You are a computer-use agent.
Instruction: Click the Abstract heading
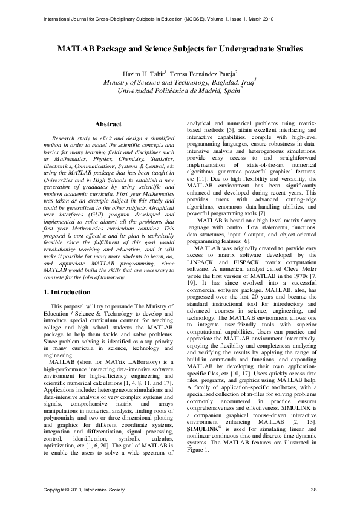108,124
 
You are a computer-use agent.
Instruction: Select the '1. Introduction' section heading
67,292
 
